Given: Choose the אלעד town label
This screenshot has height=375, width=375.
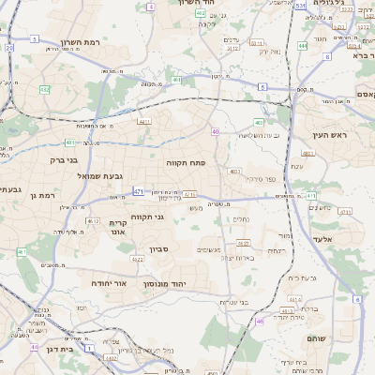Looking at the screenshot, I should coord(347,240).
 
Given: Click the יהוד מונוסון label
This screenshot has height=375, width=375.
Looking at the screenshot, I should coord(165,282).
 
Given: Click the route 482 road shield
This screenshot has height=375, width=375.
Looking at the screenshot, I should coord(45,89).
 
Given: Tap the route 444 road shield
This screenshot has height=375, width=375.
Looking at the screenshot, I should coord(302,44).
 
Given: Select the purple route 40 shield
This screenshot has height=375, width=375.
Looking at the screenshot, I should coord(215,132).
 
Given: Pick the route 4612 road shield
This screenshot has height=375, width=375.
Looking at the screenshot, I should coord(92,221).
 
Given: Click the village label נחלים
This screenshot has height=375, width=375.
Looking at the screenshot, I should coord(240,217).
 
